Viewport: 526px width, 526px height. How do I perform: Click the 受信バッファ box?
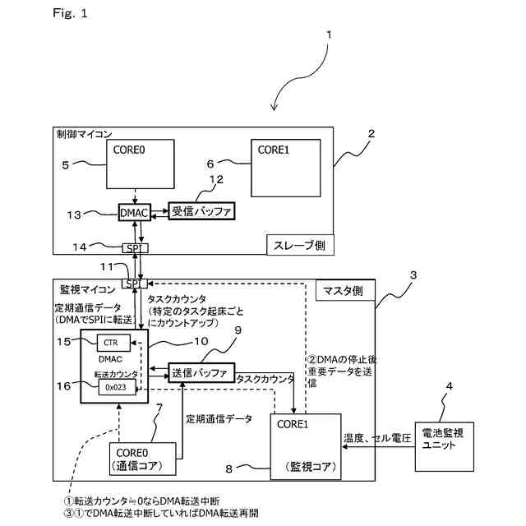pyautogui.click(x=201, y=212)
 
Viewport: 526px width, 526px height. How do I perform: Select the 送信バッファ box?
pyautogui.click(x=201, y=372)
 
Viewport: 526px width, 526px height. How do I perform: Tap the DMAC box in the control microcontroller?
pyautogui.click(x=133, y=213)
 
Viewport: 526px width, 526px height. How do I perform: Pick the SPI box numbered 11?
pyautogui.click(x=133, y=283)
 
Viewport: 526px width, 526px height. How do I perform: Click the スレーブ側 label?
pyautogui.click(x=298, y=245)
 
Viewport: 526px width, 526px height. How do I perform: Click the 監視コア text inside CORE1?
pyautogui.click(x=308, y=466)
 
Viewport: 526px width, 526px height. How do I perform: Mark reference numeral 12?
pyautogui.click(x=216, y=180)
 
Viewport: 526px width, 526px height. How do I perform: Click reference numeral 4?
pyautogui.click(x=449, y=386)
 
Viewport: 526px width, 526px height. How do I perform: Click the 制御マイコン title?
pyautogui.click(x=84, y=134)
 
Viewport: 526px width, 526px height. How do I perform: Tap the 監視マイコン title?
pyautogui.click(x=85, y=290)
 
